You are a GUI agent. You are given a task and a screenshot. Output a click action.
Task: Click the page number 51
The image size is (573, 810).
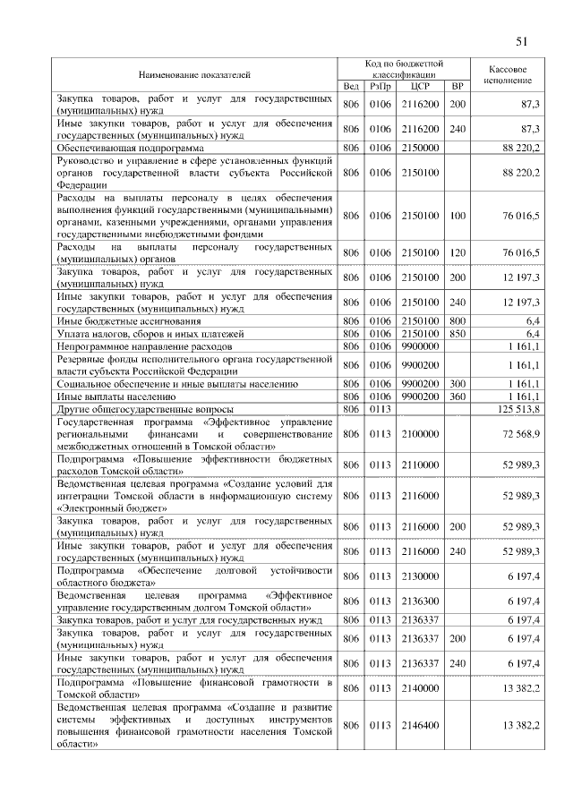click(522, 40)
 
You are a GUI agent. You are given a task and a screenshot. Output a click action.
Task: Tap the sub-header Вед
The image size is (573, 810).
click(351, 86)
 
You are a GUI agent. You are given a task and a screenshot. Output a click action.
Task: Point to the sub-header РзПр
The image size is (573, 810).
click(381, 86)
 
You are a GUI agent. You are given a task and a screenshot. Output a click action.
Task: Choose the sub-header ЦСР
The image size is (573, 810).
click(420, 86)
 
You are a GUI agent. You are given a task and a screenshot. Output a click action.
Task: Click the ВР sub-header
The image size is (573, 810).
click(458, 86)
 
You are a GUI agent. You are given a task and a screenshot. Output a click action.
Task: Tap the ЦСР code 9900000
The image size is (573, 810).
click(420, 344)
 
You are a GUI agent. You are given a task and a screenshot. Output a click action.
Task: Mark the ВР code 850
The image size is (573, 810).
click(458, 332)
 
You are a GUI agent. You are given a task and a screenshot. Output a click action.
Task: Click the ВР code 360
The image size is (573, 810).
click(458, 396)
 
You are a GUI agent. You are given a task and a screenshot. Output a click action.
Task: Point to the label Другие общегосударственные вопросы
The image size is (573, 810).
click(144, 409)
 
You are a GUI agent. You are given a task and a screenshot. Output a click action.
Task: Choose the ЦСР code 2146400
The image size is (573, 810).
click(420, 724)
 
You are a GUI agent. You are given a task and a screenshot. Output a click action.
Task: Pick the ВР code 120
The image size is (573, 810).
click(458, 252)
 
